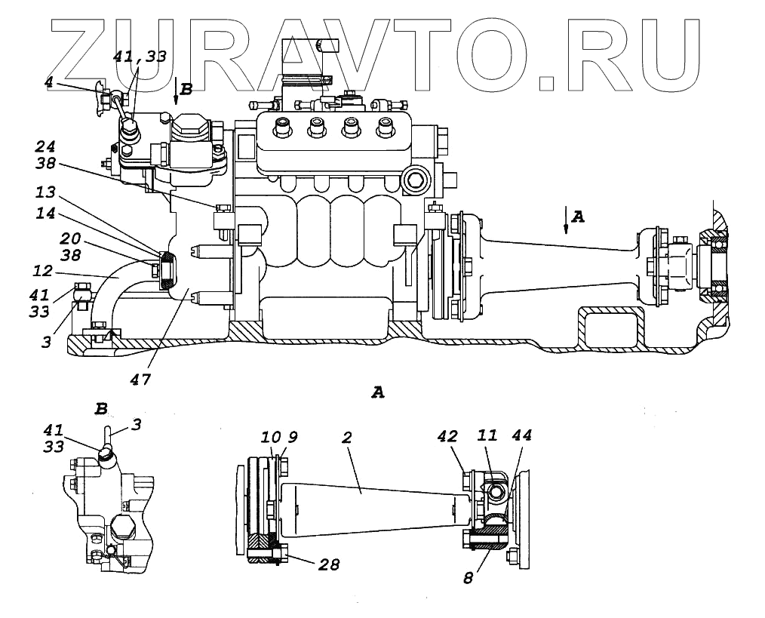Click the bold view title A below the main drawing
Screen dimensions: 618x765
379,392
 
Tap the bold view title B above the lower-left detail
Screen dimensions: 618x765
101,409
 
